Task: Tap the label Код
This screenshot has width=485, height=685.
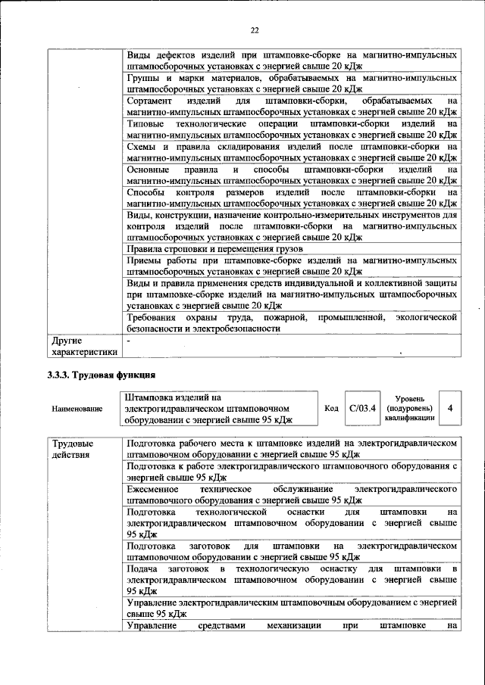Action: point(331,408)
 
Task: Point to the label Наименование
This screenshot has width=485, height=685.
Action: point(78,409)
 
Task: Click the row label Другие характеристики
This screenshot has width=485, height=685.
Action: point(83,346)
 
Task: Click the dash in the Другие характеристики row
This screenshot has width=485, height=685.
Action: point(130,341)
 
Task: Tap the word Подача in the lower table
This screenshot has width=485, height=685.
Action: point(142,568)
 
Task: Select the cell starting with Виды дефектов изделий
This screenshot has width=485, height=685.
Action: point(292,61)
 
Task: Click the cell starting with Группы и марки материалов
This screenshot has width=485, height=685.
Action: point(292,83)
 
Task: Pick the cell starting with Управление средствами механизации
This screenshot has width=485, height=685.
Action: point(292,625)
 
